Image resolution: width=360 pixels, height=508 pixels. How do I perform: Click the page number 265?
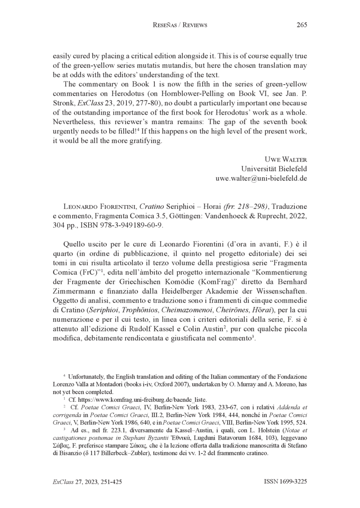tap(301, 25)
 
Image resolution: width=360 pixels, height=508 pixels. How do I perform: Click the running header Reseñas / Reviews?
tap(180, 25)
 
